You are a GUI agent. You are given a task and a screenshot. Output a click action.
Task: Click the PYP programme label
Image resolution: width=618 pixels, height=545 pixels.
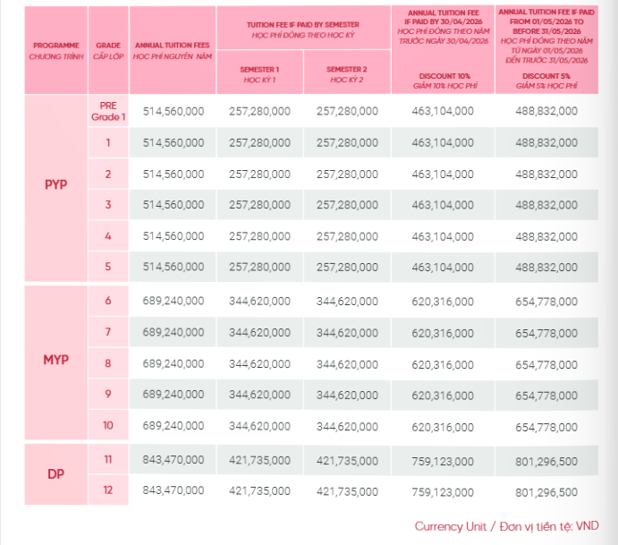[56, 184]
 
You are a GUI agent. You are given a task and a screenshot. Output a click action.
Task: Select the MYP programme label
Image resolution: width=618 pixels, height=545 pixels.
[56, 360]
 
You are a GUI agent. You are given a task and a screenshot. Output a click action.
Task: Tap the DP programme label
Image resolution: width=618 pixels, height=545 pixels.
[55, 473]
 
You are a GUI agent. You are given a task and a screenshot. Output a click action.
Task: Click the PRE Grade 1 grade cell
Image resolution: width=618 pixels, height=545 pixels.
[108, 111]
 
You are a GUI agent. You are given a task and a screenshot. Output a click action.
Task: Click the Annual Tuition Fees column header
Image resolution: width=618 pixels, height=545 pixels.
[173, 50]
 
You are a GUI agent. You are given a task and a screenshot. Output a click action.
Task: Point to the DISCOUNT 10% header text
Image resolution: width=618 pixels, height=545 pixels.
[444, 76]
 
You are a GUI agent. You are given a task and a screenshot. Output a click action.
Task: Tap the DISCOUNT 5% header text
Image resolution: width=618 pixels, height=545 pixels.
[546, 76]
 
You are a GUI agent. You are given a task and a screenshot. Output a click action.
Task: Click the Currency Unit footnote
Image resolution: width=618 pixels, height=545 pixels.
[506, 526]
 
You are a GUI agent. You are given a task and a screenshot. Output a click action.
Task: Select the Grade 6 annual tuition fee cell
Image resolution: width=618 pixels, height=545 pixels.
[173, 301]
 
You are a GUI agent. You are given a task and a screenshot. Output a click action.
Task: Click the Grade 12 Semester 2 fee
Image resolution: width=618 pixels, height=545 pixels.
[347, 491]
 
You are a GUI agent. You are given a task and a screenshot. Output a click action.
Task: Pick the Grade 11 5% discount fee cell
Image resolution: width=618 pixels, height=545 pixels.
[546, 461]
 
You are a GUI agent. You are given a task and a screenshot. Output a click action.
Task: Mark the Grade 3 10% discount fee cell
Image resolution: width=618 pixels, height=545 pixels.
[443, 205]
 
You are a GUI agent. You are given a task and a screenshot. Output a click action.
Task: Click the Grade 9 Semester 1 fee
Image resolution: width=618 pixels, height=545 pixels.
[259, 395]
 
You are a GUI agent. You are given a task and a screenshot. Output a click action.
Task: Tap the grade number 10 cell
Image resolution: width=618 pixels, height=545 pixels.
[108, 425]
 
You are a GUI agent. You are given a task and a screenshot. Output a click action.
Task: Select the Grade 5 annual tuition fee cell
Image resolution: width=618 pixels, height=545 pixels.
[173, 267]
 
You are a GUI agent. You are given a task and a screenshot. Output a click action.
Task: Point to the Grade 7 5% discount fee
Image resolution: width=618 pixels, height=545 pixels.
[546, 333]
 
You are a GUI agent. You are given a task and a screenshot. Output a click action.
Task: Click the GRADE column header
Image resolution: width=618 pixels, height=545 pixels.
[108, 50]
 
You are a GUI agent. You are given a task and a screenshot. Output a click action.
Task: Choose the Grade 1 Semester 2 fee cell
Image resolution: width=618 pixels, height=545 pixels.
[347, 142]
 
